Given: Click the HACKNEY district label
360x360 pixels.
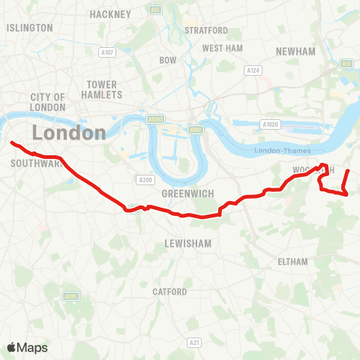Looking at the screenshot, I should click(x=110, y=14).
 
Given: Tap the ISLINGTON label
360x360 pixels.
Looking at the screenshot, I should click(x=30, y=28).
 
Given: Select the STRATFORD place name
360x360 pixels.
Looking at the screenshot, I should click(x=206, y=30).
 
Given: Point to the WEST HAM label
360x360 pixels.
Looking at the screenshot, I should click(x=223, y=48).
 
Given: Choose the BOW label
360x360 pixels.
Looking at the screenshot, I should click(x=167, y=59).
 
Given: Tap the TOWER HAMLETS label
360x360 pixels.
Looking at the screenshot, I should click(x=103, y=89).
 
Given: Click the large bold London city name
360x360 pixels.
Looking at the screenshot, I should click(x=69, y=133).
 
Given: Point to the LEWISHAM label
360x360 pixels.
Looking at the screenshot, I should click(x=188, y=244).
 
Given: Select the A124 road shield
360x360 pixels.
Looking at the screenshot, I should click(x=253, y=70).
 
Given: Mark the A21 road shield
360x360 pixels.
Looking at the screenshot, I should click(x=195, y=342).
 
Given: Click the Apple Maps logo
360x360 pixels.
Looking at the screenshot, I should click(x=27, y=347).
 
